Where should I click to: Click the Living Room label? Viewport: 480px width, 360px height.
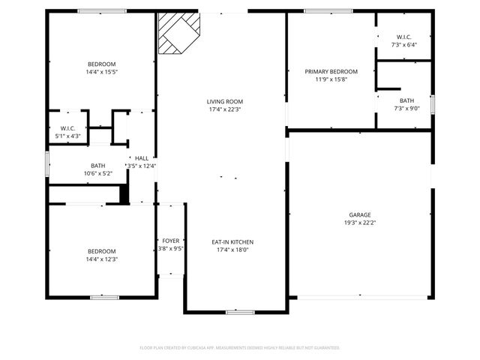(x=225, y=101)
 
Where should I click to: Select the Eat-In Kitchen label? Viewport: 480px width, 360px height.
(x=232, y=242)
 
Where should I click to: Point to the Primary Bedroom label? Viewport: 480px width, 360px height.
(x=331, y=71)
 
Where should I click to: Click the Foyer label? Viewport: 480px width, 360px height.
(x=171, y=241)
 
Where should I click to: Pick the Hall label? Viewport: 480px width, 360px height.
(x=141, y=158)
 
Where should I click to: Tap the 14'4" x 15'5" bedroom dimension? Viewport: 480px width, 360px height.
(x=101, y=73)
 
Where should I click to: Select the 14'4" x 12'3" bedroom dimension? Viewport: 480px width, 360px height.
(x=101, y=259)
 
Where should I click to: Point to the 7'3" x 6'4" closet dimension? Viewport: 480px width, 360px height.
(x=403, y=45)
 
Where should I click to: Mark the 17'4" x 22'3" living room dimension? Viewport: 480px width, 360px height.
(x=225, y=109)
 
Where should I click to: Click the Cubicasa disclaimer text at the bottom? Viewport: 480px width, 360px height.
(x=240, y=348)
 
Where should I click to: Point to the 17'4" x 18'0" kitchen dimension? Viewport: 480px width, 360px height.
(x=232, y=250)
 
